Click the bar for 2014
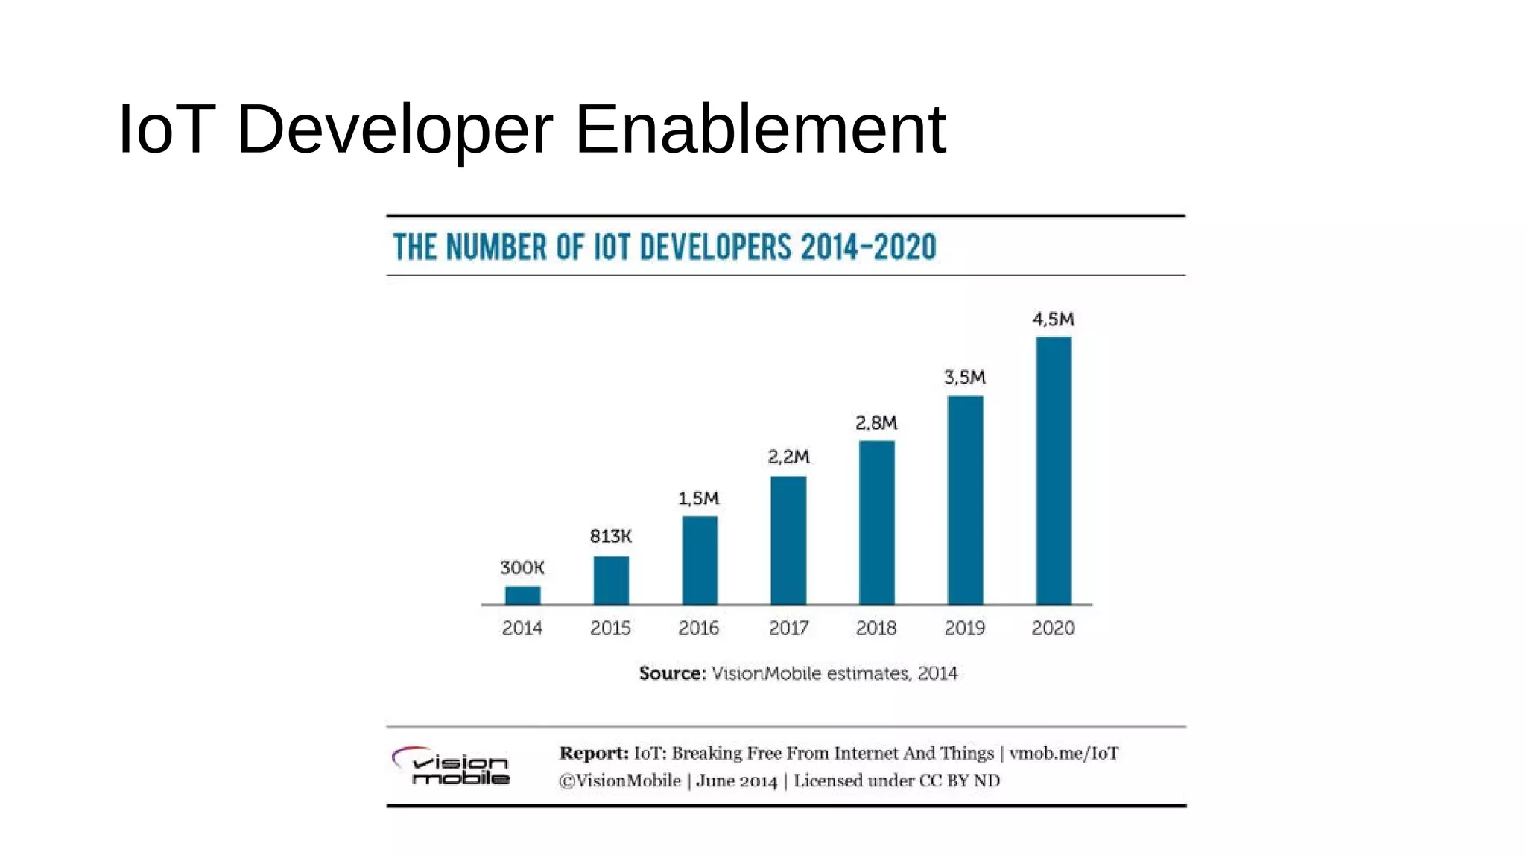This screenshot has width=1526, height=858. click(x=522, y=595)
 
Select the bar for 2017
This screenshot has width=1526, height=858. click(x=788, y=540)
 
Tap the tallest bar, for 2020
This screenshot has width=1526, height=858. click(x=1054, y=471)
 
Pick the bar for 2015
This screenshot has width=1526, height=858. click(x=611, y=580)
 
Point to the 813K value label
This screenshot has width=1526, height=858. click(x=610, y=536)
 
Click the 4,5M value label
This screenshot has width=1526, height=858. click(x=1053, y=320)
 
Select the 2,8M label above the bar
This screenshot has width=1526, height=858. click(x=876, y=423)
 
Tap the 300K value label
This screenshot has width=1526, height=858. click(x=522, y=568)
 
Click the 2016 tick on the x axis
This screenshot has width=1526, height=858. click(x=698, y=628)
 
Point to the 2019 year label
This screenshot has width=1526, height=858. click(x=964, y=628)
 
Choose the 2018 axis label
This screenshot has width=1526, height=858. click(x=876, y=628)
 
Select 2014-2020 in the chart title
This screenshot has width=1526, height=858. click(x=868, y=247)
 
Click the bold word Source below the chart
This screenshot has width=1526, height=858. click(x=671, y=673)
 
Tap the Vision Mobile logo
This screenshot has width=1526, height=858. click(x=452, y=766)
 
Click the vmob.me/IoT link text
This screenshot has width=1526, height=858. click(x=1063, y=753)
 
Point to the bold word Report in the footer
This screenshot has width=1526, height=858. click(x=593, y=753)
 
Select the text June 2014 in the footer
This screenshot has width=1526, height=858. click(x=736, y=781)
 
